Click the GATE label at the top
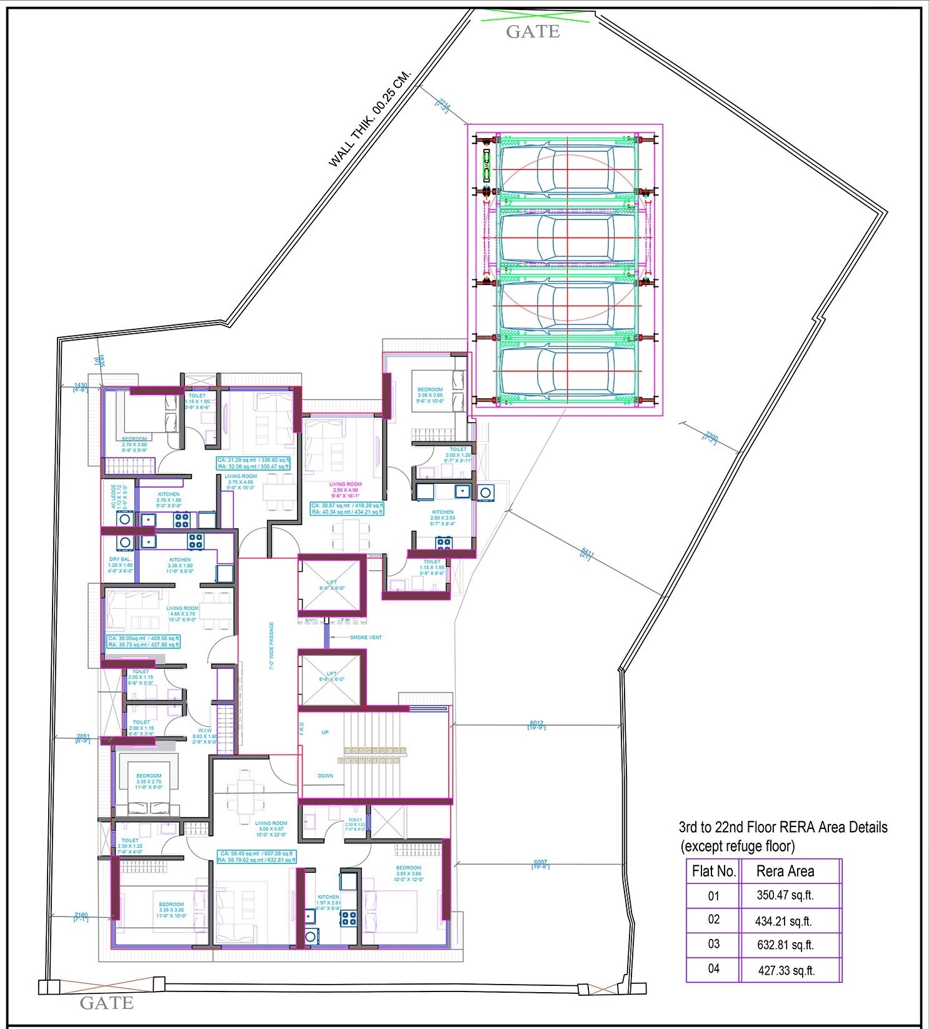click(533, 31)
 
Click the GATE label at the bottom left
click(106, 1003)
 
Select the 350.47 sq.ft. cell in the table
click(785, 895)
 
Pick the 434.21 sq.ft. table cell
click(785, 920)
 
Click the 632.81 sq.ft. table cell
click(785, 945)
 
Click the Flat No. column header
click(713, 870)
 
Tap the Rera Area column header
click(785, 870)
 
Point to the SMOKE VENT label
click(366, 637)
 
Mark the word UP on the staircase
click(325, 732)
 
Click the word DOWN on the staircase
click(325, 776)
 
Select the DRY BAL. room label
click(119, 559)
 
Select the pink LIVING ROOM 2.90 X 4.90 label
click(346, 484)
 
